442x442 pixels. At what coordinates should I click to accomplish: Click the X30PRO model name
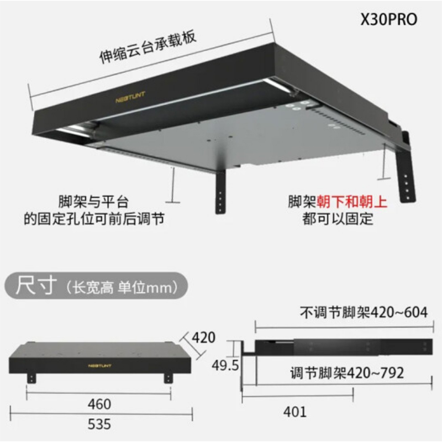point(388,20)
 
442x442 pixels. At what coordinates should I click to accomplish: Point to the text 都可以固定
point(338,219)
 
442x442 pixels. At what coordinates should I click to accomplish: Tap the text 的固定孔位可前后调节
point(94,219)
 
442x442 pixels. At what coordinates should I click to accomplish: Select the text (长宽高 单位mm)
point(121,288)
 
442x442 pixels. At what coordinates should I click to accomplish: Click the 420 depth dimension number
point(203,337)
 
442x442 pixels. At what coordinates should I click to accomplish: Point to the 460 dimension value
point(99,404)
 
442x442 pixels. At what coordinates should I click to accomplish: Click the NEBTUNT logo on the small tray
point(99,365)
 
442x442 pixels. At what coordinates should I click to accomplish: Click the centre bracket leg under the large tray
point(220,193)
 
